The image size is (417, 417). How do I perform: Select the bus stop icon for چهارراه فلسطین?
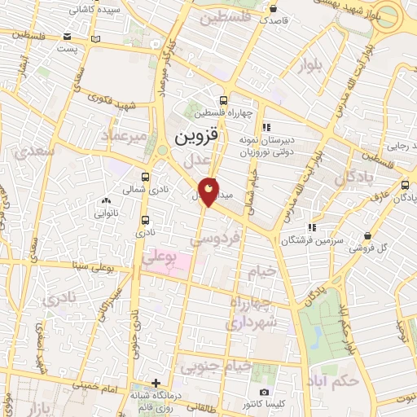click(x=224, y=99)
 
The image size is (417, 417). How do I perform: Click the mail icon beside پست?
click(x=97, y=39)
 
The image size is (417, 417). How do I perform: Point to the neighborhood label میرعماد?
click(x=125, y=136)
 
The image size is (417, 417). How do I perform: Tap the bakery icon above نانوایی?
click(x=105, y=200)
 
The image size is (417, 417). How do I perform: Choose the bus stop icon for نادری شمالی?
click(x=146, y=177)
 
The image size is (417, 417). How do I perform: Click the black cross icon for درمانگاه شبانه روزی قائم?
click(x=156, y=383)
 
